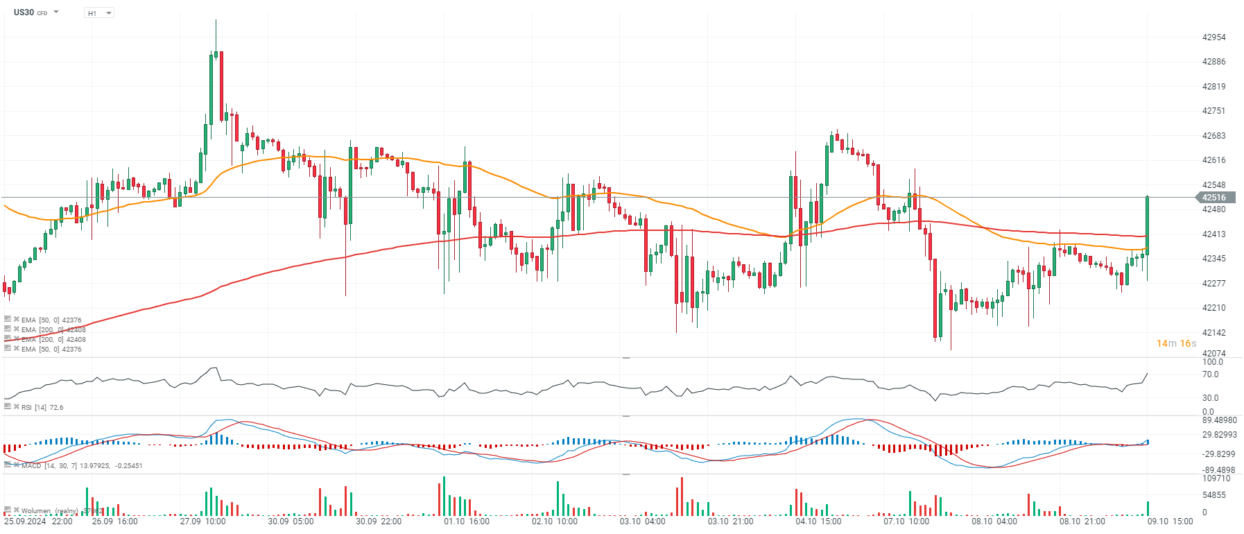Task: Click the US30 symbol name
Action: click(x=24, y=12)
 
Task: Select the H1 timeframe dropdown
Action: click(x=98, y=13)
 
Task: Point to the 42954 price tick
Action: click(x=1213, y=37)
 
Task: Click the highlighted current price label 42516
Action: click(x=1213, y=198)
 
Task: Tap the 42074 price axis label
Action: click(x=1213, y=354)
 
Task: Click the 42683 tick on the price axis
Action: click(x=1213, y=136)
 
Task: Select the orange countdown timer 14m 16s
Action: click(x=1176, y=343)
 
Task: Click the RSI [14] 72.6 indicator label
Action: click(x=42, y=408)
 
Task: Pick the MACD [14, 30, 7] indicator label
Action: click(x=82, y=466)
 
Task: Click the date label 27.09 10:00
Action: click(x=202, y=522)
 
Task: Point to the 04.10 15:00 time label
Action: click(x=818, y=522)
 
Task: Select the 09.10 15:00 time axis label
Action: click(x=1170, y=522)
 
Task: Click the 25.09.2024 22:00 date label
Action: click(x=38, y=522)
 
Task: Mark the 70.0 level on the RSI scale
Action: click(x=1210, y=374)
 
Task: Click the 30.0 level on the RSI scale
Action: click(x=1210, y=398)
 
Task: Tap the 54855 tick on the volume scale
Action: click(x=1213, y=495)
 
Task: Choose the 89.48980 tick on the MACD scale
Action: click(x=1219, y=420)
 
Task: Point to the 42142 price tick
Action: click(x=1213, y=333)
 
